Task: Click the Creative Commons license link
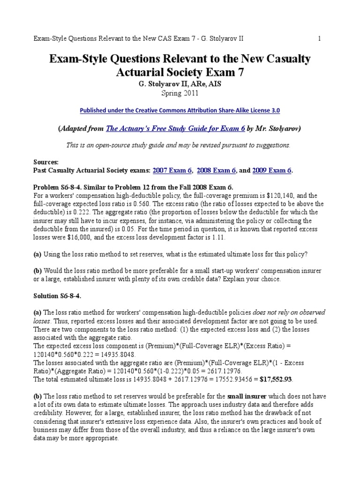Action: tap(180, 111)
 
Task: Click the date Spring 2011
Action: tap(180, 93)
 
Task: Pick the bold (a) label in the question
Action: tap(37, 254)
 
